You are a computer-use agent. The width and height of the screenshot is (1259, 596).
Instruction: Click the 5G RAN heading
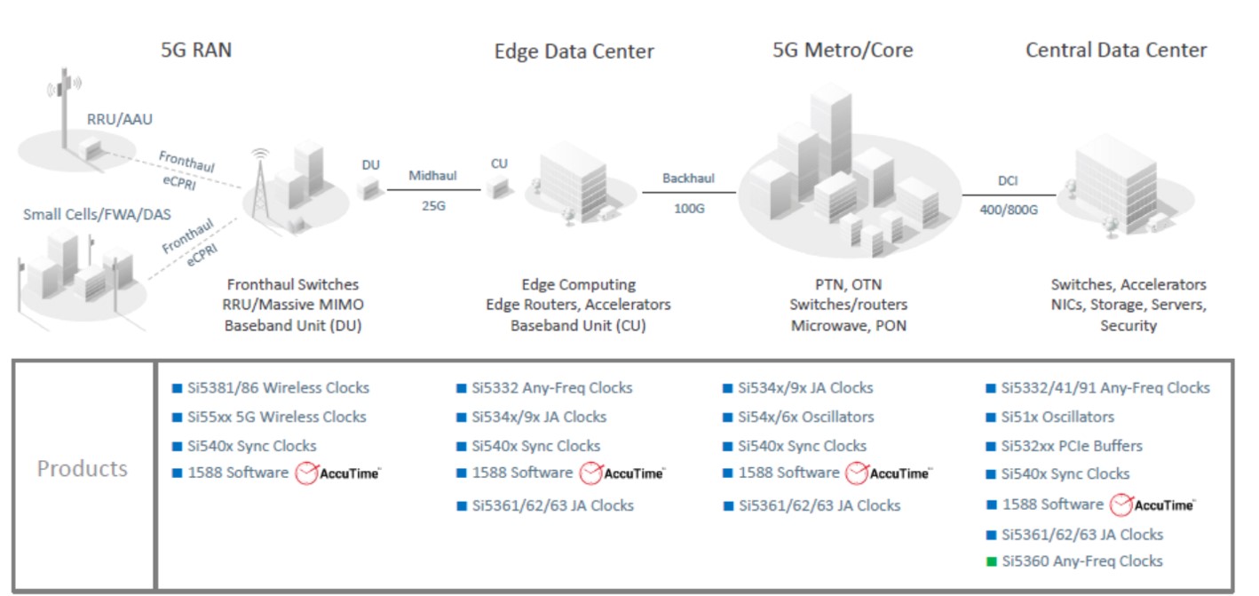click(196, 50)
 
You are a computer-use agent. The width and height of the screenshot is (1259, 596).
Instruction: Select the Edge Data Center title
click(574, 52)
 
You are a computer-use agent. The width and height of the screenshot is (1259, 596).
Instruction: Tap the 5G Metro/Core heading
click(843, 50)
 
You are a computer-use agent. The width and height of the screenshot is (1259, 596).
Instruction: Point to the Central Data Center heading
click(1116, 50)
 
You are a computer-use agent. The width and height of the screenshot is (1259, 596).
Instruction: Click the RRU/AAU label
click(120, 119)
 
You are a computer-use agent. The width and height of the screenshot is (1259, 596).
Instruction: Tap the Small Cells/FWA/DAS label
click(97, 214)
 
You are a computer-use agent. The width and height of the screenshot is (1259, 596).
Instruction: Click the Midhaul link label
click(432, 176)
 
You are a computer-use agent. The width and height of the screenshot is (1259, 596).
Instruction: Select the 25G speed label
click(433, 206)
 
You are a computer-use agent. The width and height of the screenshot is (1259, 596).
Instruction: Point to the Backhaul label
click(688, 179)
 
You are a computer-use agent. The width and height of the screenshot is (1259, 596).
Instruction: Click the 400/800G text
click(1009, 210)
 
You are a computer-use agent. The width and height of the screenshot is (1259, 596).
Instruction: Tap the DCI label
click(1008, 180)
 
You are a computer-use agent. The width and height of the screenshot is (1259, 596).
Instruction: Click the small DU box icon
click(370, 187)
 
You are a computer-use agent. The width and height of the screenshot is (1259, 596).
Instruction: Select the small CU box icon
click(498, 187)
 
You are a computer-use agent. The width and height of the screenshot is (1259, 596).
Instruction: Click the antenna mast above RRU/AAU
click(65, 107)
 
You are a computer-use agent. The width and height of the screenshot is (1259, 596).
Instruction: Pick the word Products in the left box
click(83, 468)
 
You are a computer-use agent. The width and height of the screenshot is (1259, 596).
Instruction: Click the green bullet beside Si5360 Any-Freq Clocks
click(992, 561)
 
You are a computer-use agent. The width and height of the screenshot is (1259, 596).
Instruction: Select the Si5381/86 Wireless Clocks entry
click(278, 388)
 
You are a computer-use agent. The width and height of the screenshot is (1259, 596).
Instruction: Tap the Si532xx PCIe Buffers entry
click(1072, 446)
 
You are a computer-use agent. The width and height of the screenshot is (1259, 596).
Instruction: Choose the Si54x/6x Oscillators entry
click(806, 417)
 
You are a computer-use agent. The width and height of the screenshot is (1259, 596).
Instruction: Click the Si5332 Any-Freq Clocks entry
click(552, 388)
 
